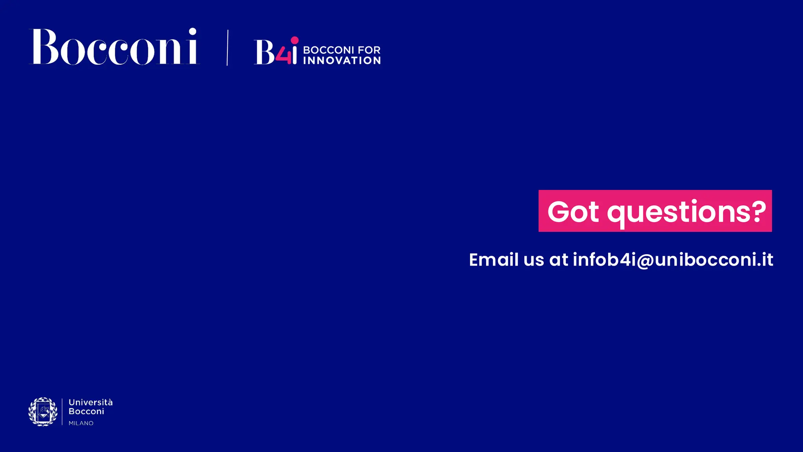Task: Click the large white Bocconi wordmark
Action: pyautogui.click(x=114, y=47)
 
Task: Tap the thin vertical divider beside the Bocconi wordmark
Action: pyautogui.click(x=227, y=48)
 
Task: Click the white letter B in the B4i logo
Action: pyautogui.click(x=265, y=53)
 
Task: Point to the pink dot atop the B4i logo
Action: pyautogui.click(x=294, y=40)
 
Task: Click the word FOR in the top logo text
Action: pyautogui.click(x=369, y=50)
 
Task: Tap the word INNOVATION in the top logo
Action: pyautogui.click(x=342, y=60)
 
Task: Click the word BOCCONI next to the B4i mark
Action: pyautogui.click(x=329, y=50)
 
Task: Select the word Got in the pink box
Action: pyautogui.click(x=573, y=212)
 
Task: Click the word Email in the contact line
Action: pyautogui.click(x=494, y=260)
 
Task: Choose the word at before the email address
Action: pyautogui.click(x=558, y=260)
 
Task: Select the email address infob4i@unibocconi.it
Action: pyautogui.click(x=673, y=260)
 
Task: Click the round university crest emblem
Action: pyautogui.click(x=43, y=412)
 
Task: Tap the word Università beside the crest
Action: pyautogui.click(x=91, y=402)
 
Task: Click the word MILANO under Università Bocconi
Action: pyautogui.click(x=81, y=423)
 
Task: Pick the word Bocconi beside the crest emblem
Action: pyautogui.click(x=86, y=411)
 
